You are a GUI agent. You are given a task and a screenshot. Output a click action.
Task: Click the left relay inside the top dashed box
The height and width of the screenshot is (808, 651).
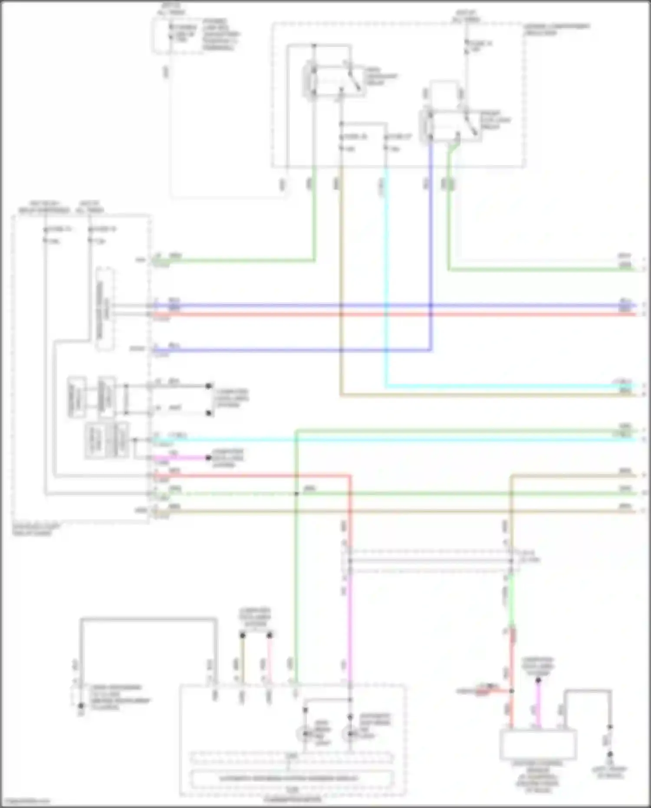(333, 81)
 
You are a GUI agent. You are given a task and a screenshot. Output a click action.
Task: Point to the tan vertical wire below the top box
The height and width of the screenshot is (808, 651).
(341, 261)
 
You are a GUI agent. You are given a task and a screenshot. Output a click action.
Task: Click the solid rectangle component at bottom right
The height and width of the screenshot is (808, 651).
(538, 744)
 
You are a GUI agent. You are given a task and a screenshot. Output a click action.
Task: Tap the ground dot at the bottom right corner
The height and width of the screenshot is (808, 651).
(610, 755)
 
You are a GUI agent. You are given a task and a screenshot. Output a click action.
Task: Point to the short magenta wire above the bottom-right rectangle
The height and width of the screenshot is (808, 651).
(539, 703)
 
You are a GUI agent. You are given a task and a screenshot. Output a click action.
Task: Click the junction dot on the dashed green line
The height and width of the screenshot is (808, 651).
(297, 494)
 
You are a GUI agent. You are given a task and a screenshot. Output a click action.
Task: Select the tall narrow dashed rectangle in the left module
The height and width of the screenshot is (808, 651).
(105, 309)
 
